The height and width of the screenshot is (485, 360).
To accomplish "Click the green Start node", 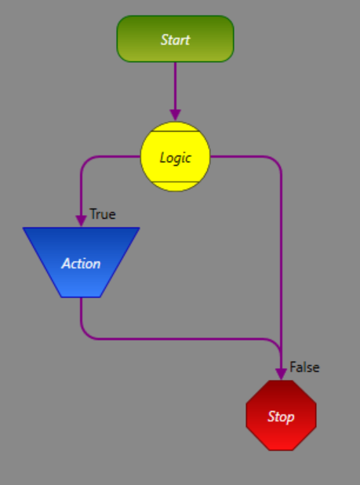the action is [x=175, y=39].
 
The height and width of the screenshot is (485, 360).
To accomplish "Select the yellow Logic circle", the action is [x=175, y=156].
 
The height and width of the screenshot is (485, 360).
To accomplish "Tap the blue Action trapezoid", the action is [x=81, y=262].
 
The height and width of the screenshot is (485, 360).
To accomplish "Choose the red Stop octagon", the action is [x=281, y=415].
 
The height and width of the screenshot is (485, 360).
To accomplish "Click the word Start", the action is [x=175, y=40].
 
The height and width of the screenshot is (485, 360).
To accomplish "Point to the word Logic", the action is [x=175, y=158].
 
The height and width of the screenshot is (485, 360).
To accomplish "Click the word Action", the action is [x=81, y=264].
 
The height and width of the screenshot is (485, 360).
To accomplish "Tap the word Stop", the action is [x=281, y=417].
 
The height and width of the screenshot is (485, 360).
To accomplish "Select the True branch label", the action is [x=103, y=214].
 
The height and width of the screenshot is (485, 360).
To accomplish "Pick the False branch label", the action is [x=304, y=367].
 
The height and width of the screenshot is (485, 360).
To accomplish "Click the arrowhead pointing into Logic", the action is [x=175, y=115].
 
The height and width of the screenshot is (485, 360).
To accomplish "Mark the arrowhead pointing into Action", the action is [x=81, y=221].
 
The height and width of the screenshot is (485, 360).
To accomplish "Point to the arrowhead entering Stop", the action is [x=281, y=374].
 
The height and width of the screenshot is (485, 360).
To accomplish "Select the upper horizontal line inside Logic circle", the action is [x=175, y=131].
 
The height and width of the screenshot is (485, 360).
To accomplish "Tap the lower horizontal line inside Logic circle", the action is [x=175, y=181].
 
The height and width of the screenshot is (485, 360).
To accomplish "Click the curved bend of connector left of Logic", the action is [x=86, y=162].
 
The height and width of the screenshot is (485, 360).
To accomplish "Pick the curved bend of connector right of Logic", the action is [x=276, y=162].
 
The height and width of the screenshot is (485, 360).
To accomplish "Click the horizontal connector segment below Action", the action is [x=180, y=339].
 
